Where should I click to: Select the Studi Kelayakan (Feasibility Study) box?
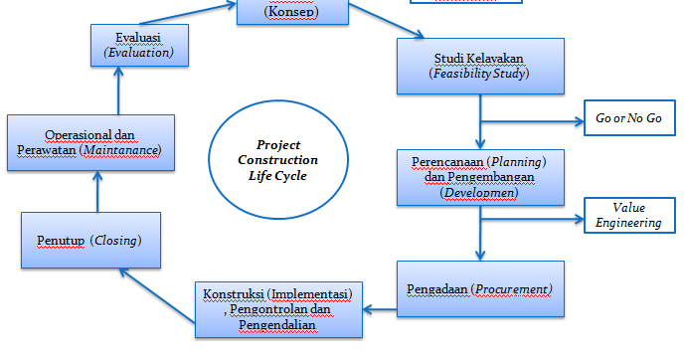pyautogui.click(x=480, y=65)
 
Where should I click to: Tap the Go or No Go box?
pyautogui.click(x=628, y=119)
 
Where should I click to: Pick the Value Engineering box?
pyautogui.click(x=628, y=215)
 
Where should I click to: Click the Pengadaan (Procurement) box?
pyautogui.click(x=480, y=289)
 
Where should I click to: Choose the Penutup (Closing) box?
pyautogui.click(x=88, y=242)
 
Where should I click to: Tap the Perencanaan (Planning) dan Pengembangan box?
pyautogui.click(x=480, y=176)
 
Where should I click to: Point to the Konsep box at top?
pyautogui.click(x=293, y=10)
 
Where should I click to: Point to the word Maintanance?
pyautogui.click(x=122, y=150)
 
